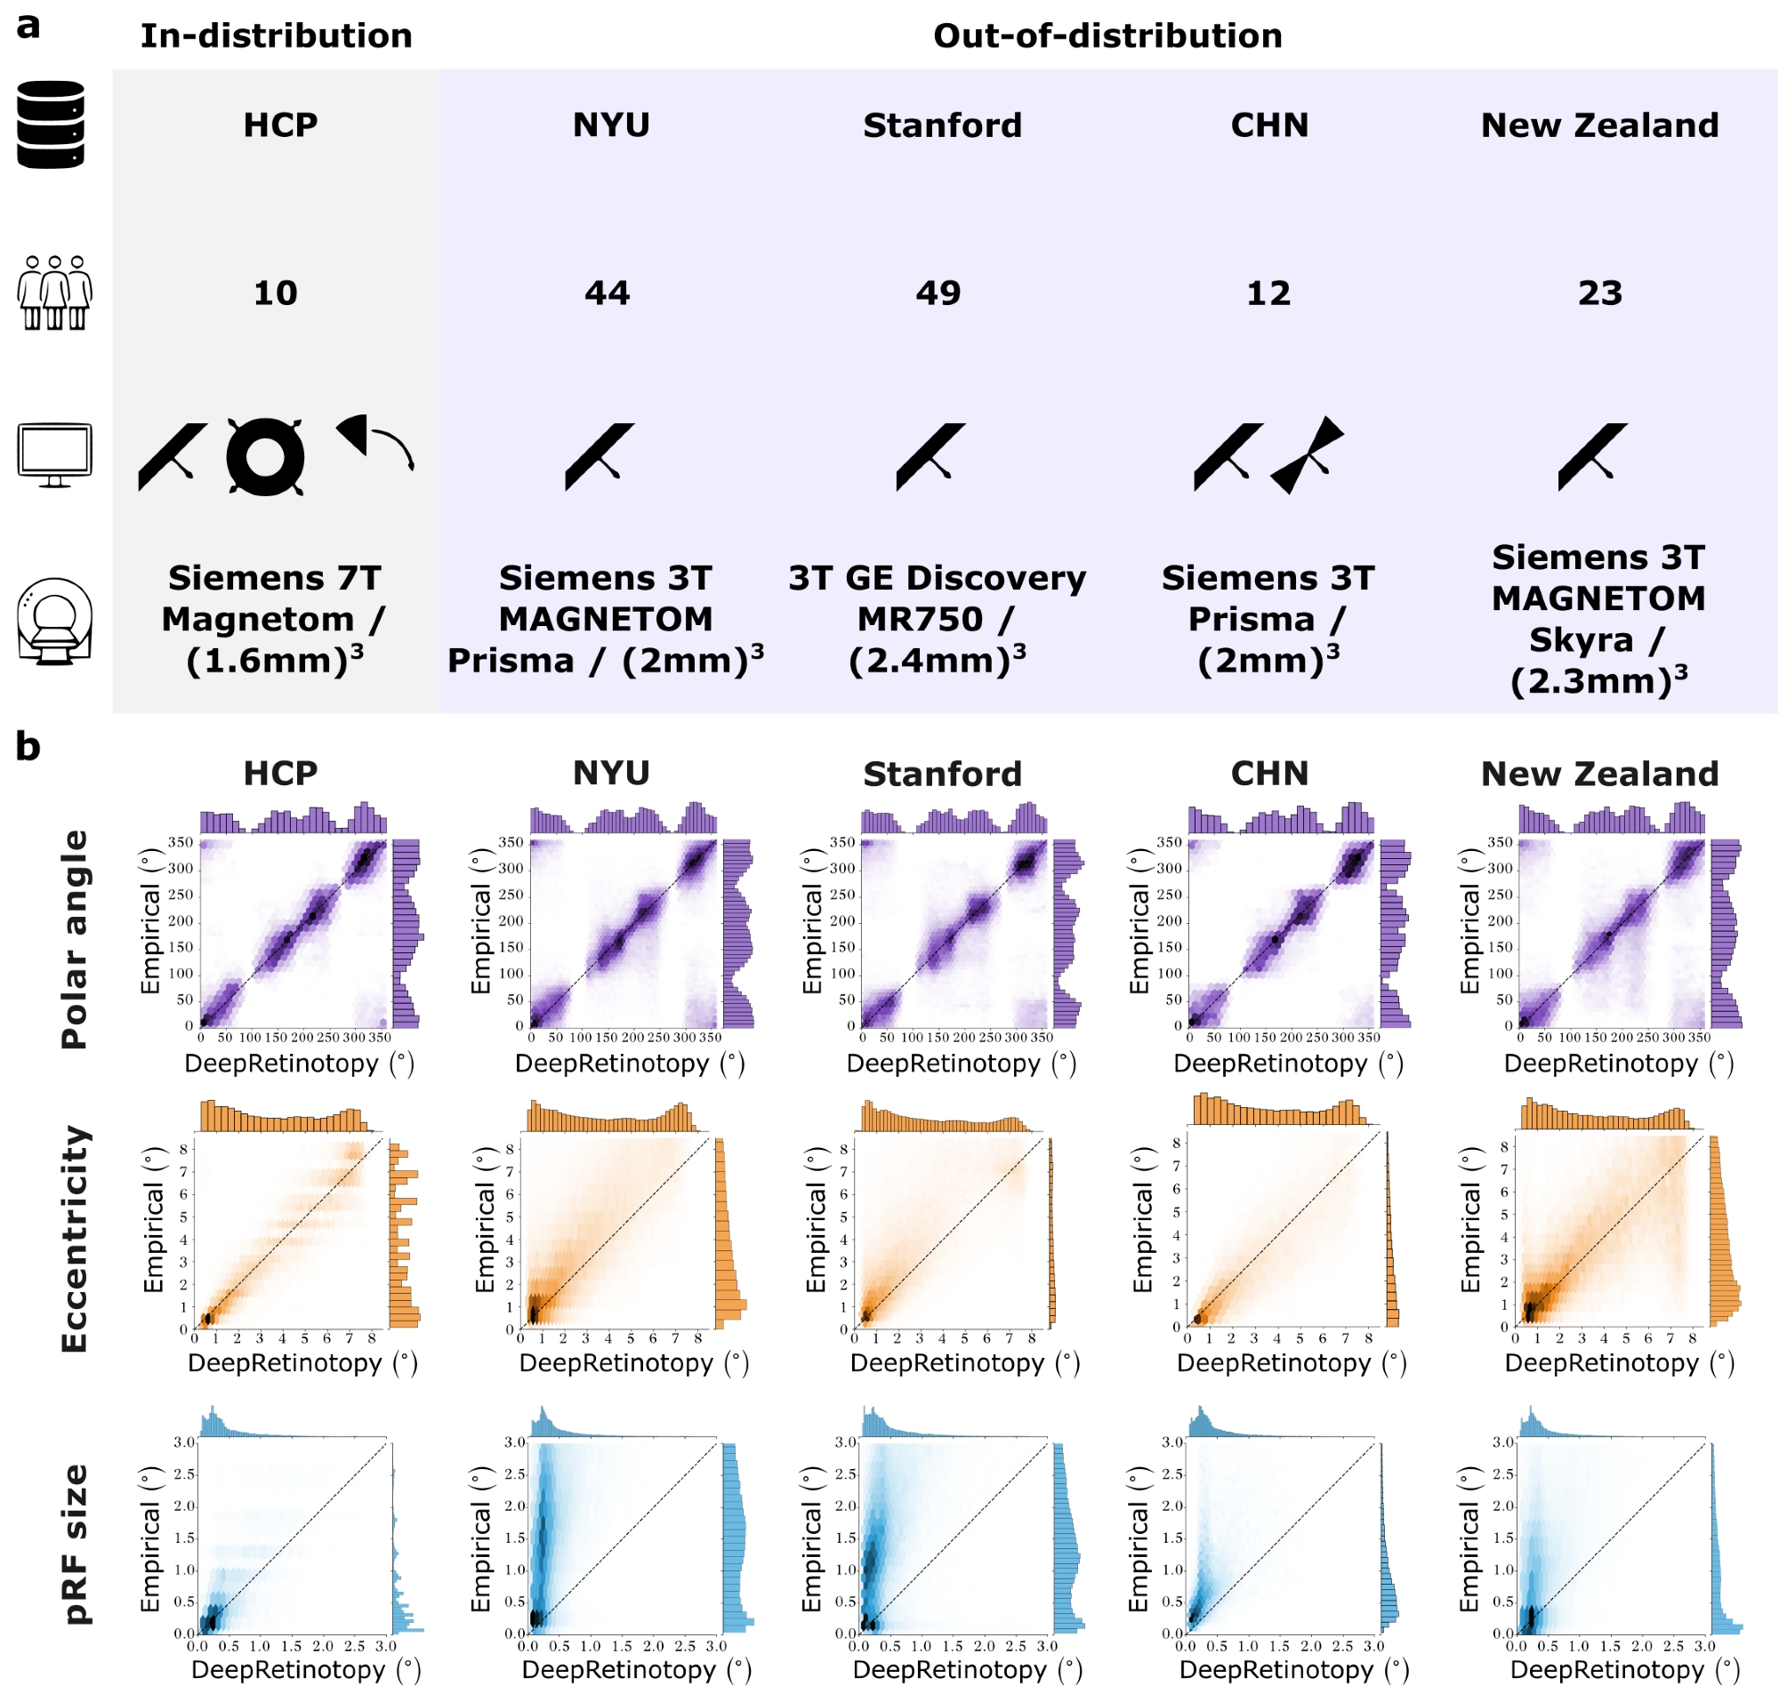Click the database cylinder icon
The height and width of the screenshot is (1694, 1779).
click(x=51, y=124)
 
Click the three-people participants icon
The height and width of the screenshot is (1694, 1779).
click(x=54, y=293)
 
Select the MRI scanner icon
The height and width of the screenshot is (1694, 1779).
click(x=54, y=622)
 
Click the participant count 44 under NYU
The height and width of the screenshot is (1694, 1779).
click(x=607, y=293)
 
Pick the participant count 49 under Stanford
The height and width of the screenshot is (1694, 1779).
click(x=938, y=293)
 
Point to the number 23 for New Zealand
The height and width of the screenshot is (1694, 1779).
click(x=1599, y=293)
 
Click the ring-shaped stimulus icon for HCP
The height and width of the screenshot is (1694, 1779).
click(x=264, y=456)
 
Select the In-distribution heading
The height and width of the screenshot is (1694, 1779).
click(x=277, y=36)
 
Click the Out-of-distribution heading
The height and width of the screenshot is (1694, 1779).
click(x=1107, y=36)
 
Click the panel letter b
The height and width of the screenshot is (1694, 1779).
click(x=28, y=748)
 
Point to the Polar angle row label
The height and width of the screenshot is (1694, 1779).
click(x=74, y=939)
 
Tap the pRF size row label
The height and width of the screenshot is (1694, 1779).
click(x=76, y=1543)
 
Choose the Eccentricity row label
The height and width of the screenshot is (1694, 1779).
click(x=74, y=1239)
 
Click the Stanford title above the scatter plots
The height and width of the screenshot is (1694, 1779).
click(x=942, y=774)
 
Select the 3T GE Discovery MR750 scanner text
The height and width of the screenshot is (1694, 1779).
click(x=938, y=619)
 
